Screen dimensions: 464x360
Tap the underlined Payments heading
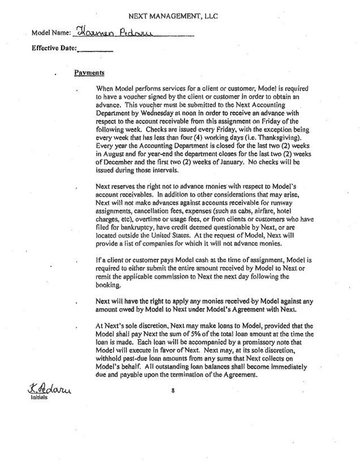[88, 72]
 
